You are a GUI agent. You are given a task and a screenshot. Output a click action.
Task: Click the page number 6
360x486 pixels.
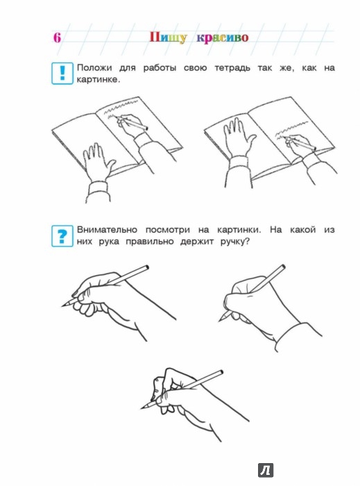pyautogui.click(x=57, y=37)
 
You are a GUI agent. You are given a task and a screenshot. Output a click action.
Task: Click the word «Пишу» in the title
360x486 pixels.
pyautogui.click(x=168, y=37)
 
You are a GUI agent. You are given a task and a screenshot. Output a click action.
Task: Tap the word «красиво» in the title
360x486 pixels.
pyautogui.click(x=223, y=38)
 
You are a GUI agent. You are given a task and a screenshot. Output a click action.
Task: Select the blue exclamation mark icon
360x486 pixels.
pyautogui.click(x=62, y=73)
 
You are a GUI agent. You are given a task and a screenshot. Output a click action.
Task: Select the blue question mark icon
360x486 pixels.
pyautogui.click(x=62, y=236)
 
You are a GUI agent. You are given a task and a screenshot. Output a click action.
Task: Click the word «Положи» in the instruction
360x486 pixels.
pyautogui.click(x=94, y=68)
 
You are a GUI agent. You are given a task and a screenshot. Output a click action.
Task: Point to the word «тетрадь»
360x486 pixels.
pyautogui.click(x=232, y=68)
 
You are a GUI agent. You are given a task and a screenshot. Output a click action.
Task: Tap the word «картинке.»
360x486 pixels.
pyautogui.click(x=98, y=80)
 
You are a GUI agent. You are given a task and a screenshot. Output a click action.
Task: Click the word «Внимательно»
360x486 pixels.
pyautogui.click(x=107, y=230)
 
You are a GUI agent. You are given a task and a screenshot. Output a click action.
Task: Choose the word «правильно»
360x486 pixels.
pyautogui.click(x=150, y=242)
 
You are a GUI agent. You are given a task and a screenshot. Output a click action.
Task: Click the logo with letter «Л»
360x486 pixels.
pyautogui.click(x=266, y=471)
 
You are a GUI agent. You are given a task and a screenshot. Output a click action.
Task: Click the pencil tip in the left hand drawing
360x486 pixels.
pyautogui.click(x=63, y=306)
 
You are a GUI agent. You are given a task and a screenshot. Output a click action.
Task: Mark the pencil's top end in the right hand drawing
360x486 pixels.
pyautogui.click(x=283, y=267)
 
